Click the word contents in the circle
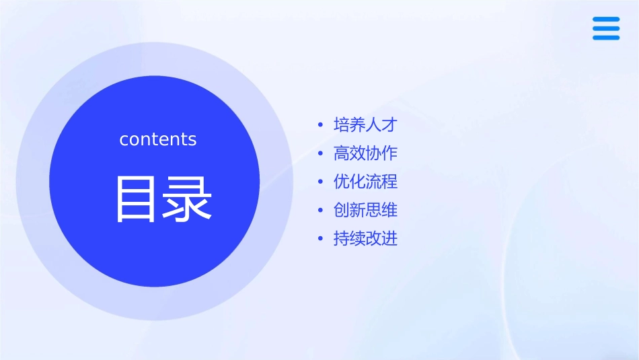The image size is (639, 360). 158,139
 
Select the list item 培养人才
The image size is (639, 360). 365,125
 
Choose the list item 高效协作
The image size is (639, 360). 365,153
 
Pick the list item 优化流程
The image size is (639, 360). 365,182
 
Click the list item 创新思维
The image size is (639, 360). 365,211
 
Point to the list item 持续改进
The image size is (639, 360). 365,239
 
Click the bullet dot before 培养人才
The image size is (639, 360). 320,126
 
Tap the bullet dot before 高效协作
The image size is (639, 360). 320,154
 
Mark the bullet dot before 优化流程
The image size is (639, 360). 320,182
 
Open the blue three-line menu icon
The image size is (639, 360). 606,28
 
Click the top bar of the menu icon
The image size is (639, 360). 606,20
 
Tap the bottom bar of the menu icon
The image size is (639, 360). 606,38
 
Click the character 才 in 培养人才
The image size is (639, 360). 390,125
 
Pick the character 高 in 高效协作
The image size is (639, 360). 342,153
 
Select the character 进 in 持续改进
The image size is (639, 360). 390,239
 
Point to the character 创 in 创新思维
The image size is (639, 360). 342,211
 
